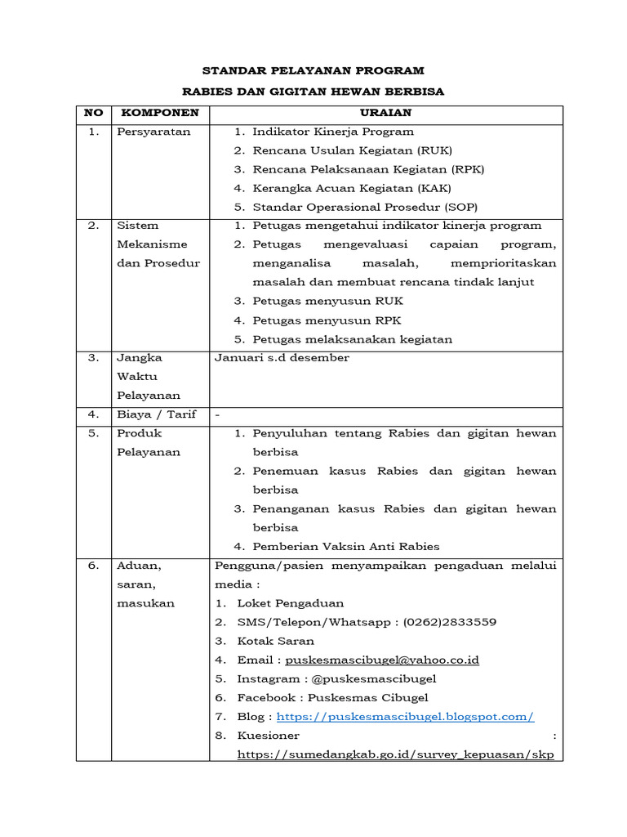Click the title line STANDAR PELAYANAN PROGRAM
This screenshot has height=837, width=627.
(x=313, y=71)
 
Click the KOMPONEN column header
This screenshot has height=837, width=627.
(x=154, y=112)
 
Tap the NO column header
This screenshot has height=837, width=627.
(x=93, y=112)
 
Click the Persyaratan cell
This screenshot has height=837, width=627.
(x=153, y=132)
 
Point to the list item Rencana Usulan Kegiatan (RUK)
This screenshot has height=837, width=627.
(x=352, y=150)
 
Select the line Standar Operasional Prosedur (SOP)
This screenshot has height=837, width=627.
(x=365, y=207)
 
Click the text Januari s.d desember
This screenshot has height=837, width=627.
(x=282, y=358)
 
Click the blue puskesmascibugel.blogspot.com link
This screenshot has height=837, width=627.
(x=405, y=717)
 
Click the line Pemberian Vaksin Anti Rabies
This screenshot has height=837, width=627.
(x=345, y=547)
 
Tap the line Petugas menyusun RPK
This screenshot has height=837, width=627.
(x=327, y=320)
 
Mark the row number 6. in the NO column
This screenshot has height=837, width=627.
(x=93, y=566)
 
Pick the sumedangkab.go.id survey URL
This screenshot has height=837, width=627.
(x=395, y=754)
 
